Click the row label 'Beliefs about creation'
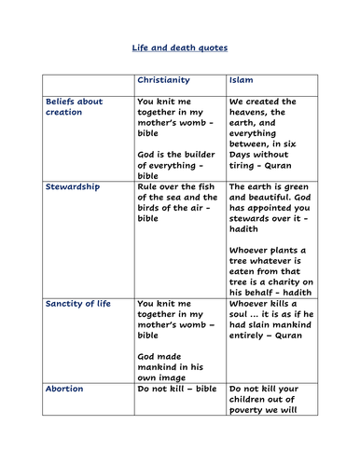pos(75,106)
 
